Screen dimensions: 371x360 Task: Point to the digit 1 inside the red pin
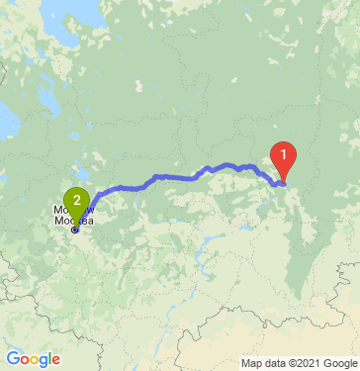click(284, 154)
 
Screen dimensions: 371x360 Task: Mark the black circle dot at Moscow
click(75, 230)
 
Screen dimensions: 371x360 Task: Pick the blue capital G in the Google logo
click(12, 359)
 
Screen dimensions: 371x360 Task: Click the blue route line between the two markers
click(178, 177)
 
